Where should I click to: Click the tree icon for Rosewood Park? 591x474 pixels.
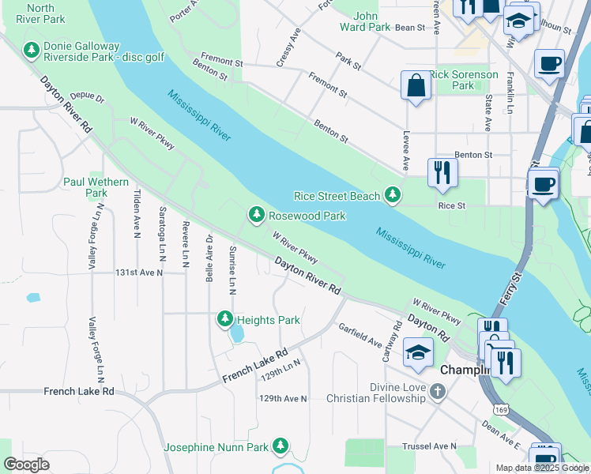[x=256, y=214]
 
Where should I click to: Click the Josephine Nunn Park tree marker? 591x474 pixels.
[x=280, y=446]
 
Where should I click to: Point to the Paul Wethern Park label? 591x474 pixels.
[x=96, y=187]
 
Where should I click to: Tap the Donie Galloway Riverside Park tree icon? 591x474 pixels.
[x=32, y=51]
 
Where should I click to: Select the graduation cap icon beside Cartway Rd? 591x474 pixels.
[x=418, y=352]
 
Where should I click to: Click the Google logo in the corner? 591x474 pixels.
[x=27, y=465]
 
